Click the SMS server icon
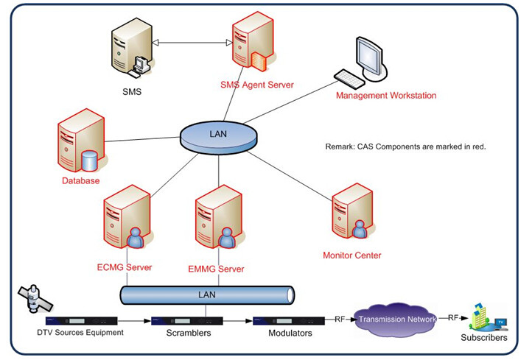(x=133, y=48)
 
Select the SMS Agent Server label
(x=257, y=85)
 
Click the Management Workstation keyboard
(x=349, y=79)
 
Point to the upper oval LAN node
(x=218, y=137)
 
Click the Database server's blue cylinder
(x=90, y=160)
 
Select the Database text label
(x=81, y=180)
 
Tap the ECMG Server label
(x=125, y=267)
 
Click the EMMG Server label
(x=216, y=269)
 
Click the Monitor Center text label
(x=351, y=255)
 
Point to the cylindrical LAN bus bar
(x=207, y=295)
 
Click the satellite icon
(x=35, y=298)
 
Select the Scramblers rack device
(x=187, y=321)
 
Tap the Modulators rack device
(x=289, y=321)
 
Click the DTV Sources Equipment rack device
(x=82, y=321)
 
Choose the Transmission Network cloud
(x=396, y=320)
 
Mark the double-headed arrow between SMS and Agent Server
(x=192, y=43)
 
